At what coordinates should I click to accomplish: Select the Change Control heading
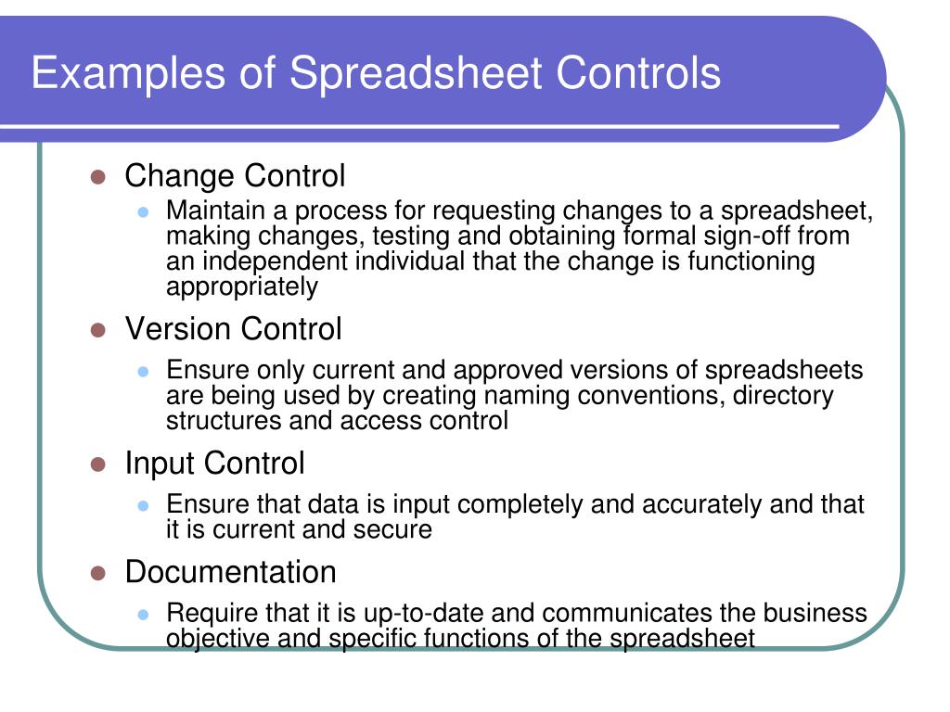pyautogui.click(x=235, y=175)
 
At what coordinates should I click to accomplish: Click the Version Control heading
pyautogui.click(x=233, y=328)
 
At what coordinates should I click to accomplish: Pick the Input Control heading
pyautogui.click(x=214, y=463)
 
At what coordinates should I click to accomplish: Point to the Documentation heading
pyautogui.click(x=230, y=571)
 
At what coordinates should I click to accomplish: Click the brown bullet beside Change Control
pyautogui.click(x=97, y=177)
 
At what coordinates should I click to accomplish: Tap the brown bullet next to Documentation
pyautogui.click(x=97, y=573)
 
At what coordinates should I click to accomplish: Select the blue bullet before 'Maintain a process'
pyautogui.click(x=144, y=211)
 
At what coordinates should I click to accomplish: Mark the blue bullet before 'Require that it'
pyautogui.click(x=144, y=615)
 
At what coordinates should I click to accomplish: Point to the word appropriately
pyautogui.click(x=241, y=287)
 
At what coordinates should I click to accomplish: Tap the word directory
pyautogui.click(x=783, y=396)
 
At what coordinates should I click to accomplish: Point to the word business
pyautogui.click(x=815, y=614)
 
